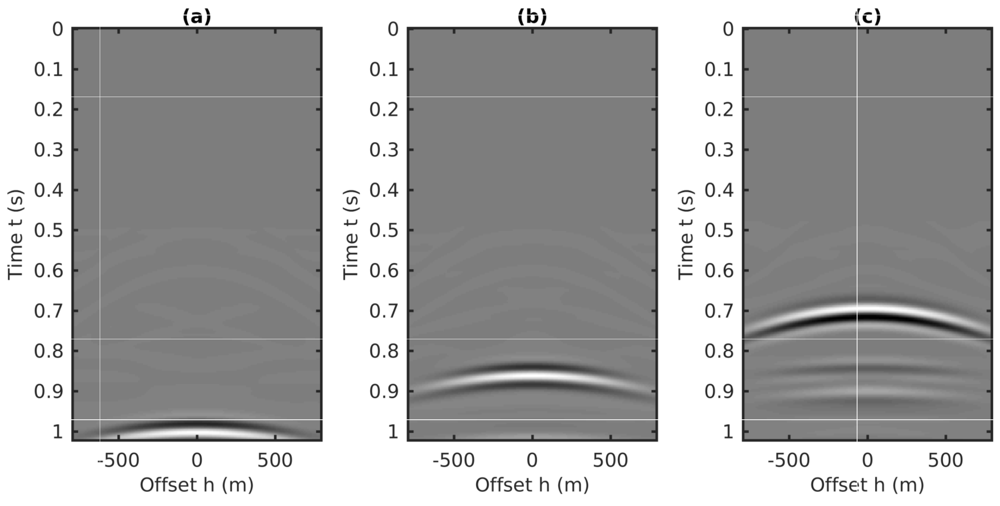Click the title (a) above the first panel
(197, 17)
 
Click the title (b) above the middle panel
(532, 17)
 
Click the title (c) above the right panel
(867, 17)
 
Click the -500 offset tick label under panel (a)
(118, 461)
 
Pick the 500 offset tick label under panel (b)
(610, 461)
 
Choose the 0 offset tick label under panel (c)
(867, 461)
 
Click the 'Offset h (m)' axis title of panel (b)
(532, 485)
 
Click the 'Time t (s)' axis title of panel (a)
(15, 235)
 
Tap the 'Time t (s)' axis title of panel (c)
(686, 235)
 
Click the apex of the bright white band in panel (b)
(532, 375)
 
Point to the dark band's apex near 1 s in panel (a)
(197, 424)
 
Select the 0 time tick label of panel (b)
(393, 30)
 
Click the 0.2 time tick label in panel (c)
(719, 110)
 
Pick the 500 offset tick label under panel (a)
(275, 461)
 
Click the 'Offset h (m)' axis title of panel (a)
(197, 485)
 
